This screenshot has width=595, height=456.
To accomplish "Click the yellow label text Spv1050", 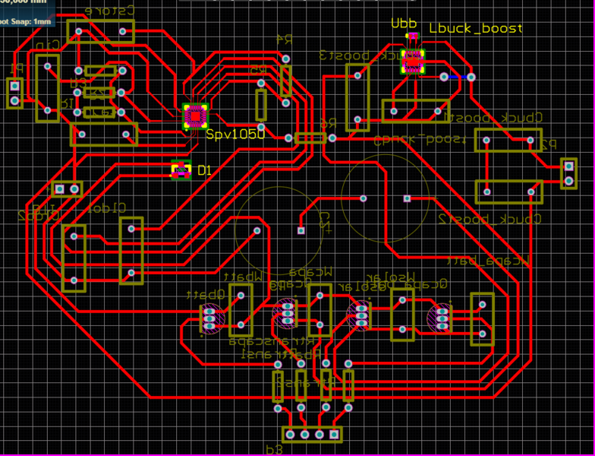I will click(235, 135).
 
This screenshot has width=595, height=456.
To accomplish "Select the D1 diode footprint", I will click(181, 170).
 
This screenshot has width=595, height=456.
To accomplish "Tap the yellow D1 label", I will click(204, 170).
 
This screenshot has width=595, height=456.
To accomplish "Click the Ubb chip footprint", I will click(412, 62).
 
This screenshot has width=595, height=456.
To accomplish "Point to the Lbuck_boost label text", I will click(475, 28).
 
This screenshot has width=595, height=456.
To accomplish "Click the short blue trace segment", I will click(455, 78).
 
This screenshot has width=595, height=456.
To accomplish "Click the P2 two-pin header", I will click(568, 173).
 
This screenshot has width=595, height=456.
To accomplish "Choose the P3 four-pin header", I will click(312, 434).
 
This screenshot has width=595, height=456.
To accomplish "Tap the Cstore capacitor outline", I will click(101, 31).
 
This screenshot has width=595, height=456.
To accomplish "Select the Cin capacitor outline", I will click(48, 88).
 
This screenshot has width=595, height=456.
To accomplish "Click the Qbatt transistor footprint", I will click(210, 318).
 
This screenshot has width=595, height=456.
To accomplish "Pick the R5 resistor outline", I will click(262, 105).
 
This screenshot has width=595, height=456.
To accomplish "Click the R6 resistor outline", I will click(310, 138).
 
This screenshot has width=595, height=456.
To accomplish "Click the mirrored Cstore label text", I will click(109, 11).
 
